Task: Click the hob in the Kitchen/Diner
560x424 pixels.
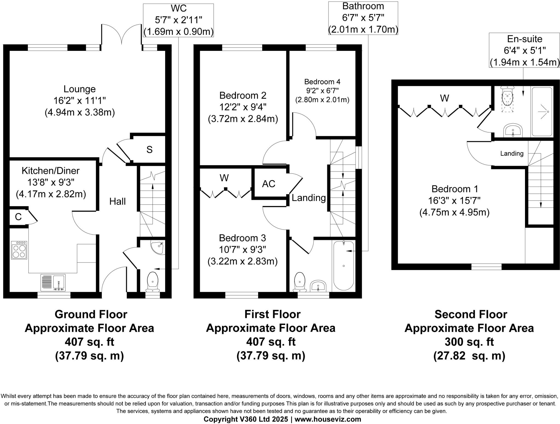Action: tap(19, 250)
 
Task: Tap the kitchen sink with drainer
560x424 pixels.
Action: tap(53, 283)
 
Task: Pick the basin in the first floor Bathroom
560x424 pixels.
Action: tap(318, 286)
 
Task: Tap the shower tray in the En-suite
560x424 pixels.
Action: tap(542, 112)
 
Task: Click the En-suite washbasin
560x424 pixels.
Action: tap(513, 130)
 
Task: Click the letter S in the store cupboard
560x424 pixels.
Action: tap(149, 149)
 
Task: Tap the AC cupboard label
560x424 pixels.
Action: tap(269, 184)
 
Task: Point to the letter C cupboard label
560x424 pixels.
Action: tap(18, 217)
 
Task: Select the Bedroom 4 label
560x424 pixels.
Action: tap(322, 82)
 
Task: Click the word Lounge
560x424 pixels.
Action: tap(80, 89)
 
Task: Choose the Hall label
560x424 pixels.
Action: tap(118, 201)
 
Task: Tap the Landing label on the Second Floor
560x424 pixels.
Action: tap(512, 153)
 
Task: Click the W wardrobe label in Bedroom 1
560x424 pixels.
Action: tap(445, 98)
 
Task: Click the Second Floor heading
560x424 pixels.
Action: tap(471, 314)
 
